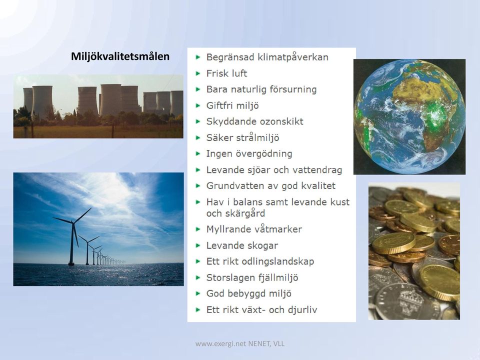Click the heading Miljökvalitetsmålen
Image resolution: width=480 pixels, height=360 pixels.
coord(120,56)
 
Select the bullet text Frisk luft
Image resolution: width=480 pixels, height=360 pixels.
coord(226,73)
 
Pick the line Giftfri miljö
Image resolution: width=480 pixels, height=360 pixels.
coord(232,106)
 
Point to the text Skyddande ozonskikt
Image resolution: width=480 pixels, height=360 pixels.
coord(254,121)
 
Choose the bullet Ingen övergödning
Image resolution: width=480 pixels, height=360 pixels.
coord(249,153)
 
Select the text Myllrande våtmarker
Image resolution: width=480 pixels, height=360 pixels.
coord(254,229)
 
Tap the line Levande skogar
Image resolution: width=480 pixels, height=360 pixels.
coord(242,245)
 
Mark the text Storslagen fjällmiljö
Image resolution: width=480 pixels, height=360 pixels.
coord(252,277)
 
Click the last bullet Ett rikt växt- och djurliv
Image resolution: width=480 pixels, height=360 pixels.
coord(261,310)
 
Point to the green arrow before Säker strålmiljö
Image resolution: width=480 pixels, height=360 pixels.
coord(198,138)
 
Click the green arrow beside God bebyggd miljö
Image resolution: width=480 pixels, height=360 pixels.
coord(198,293)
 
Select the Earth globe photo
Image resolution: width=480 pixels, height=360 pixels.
coord(409,116)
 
